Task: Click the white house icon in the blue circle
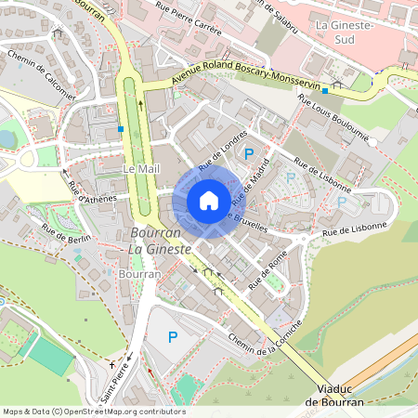pyautogui.click(x=208, y=201)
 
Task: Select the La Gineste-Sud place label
pyautogui.click(x=345, y=33)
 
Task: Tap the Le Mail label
pyautogui.click(x=137, y=170)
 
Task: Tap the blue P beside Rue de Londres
pyautogui.click(x=248, y=154)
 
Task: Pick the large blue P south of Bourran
pyautogui.click(x=172, y=337)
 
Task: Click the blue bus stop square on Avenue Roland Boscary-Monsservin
pyautogui.click(x=324, y=92)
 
